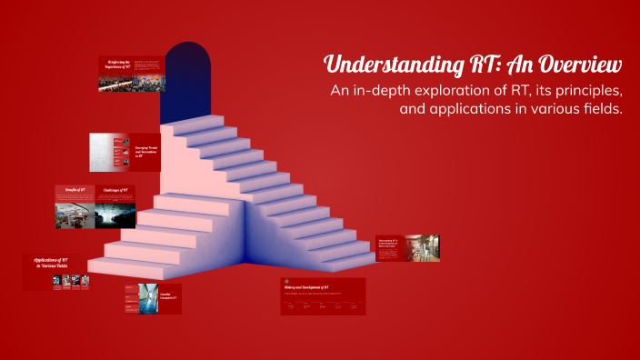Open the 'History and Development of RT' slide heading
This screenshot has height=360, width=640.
[313, 287]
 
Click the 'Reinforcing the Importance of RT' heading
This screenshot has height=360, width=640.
[115, 64]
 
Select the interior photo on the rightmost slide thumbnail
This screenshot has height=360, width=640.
[422, 246]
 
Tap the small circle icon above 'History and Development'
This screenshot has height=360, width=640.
[285, 281]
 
